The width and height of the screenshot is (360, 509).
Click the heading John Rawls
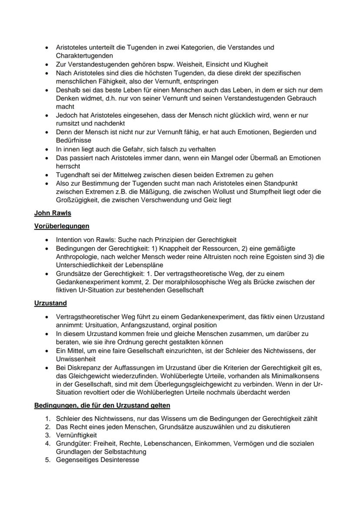(x=52, y=213)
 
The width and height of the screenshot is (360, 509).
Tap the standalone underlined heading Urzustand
(x=50, y=303)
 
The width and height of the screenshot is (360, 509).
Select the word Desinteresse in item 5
(x=119, y=460)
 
